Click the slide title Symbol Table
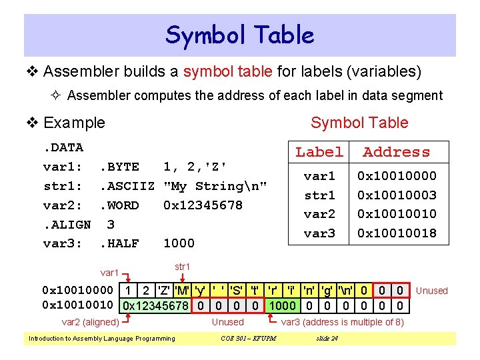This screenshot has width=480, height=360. pyautogui.click(x=240, y=35)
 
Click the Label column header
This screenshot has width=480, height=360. pyautogui.click(x=319, y=152)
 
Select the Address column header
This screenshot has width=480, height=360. pyautogui.click(x=397, y=152)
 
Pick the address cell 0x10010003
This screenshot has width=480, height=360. pyautogui.click(x=397, y=195)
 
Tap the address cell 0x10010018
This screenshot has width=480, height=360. pyautogui.click(x=397, y=233)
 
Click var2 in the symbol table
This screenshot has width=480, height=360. pyautogui.click(x=319, y=214)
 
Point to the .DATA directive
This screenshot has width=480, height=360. pyautogui.click(x=63, y=147)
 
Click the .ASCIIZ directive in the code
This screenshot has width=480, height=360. pyautogui.click(x=127, y=186)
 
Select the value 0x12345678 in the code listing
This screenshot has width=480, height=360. pyautogui.click(x=203, y=205)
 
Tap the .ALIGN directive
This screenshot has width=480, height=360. pyautogui.click(x=67, y=225)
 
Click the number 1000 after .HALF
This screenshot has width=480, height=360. pyautogui.click(x=179, y=243)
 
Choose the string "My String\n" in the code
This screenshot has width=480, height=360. pyautogui.click(x=215, y=186)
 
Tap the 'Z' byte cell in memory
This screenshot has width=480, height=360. pyautogui.click(x=163, y=291)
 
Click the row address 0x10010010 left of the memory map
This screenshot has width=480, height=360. pyautogui.click(x=77, y=306)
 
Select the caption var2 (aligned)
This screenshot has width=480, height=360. pyautogui.click(x=90, y=323)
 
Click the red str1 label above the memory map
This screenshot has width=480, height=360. pyautogui.click(x=182, y=267)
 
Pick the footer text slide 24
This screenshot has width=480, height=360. pyautogui.click(x=326, y=339)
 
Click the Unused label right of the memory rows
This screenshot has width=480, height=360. pyautogui.click(x=432, y=291)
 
